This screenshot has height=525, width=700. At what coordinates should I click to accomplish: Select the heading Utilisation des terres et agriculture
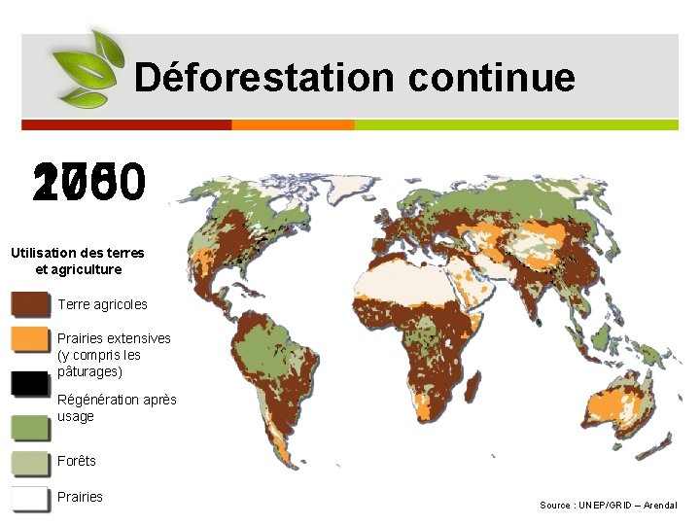78,261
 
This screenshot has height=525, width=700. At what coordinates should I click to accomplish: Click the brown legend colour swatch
29,304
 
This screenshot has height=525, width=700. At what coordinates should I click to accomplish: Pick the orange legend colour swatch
29,339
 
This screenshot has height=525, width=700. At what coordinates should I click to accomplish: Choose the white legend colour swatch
29,498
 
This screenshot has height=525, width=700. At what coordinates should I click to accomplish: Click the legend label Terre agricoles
102,304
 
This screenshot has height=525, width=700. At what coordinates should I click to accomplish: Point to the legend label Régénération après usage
117,407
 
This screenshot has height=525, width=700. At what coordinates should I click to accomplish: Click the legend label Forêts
77,461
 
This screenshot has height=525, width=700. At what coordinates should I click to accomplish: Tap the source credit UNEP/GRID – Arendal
609,505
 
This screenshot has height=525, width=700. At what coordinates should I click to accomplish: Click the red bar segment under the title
126,124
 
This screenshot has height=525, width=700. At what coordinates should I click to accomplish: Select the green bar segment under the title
516,124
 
